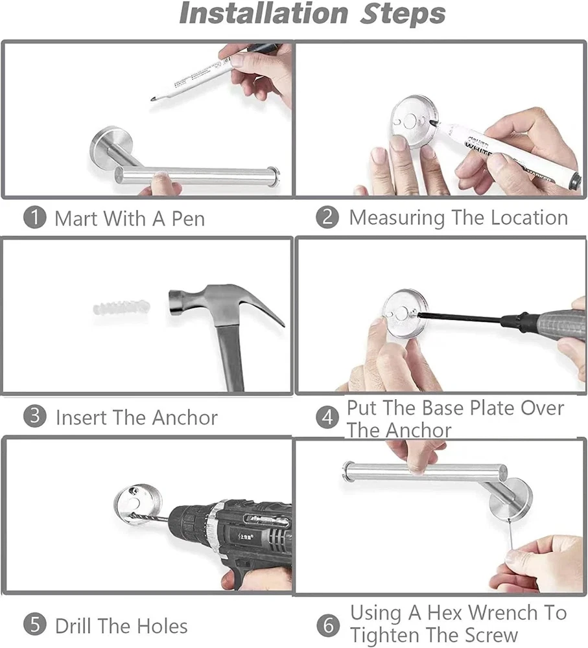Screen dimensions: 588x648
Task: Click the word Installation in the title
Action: click(x=264, y=14)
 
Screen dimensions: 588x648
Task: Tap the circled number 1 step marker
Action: click(x=34, y=218)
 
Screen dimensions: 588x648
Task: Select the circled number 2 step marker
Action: click(x=327, y=217)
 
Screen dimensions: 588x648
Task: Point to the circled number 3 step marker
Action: click(x=34, y=416)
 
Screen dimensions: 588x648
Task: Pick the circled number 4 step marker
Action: click(x=327, y=418)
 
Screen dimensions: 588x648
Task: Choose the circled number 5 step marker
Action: click(x=34, y=625)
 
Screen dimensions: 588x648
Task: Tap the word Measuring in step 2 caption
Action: click(x=397, y=218)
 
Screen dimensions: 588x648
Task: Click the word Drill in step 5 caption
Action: click(x=73, y=626)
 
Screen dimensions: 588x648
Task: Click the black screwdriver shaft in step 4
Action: click(x=460, y=318)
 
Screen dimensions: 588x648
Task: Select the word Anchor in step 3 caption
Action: click(x=184, y=418)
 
